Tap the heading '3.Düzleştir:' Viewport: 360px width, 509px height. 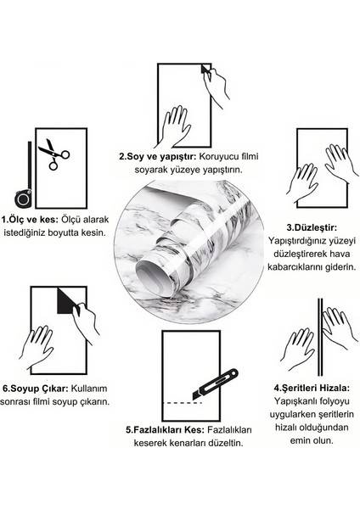pyautogui.click(x=308, y=227)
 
